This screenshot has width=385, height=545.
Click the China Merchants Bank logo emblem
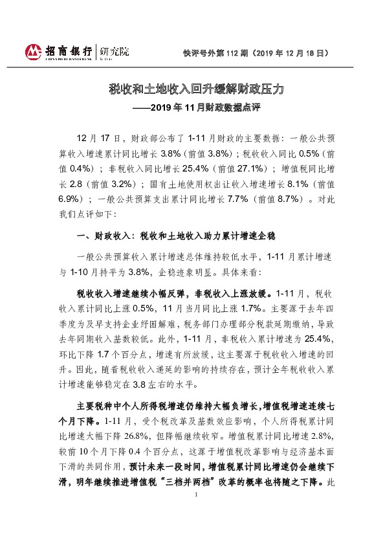(x=33, y=51)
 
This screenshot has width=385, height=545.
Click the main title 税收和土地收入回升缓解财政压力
(x=192, y=88)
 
